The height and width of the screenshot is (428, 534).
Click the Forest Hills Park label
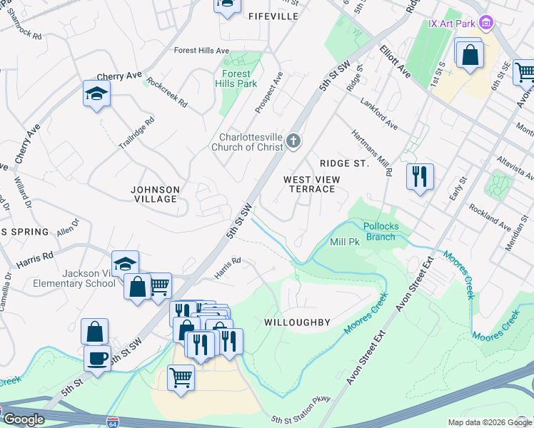(236, 78)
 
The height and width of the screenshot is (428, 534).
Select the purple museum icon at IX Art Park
(486, 24)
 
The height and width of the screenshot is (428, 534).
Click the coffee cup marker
(96, 357)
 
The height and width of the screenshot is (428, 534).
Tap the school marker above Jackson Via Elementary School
(125, 264)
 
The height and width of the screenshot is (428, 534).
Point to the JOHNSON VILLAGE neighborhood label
(155, 194)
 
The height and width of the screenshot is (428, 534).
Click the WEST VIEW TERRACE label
(309, 184)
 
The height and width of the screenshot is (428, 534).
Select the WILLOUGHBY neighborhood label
(297, 322)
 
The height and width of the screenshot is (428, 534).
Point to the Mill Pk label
(345, 243)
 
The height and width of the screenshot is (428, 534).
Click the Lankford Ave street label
(379, 114)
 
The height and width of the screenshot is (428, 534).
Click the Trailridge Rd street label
(136, 133)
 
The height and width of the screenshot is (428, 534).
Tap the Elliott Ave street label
(396, 62)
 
